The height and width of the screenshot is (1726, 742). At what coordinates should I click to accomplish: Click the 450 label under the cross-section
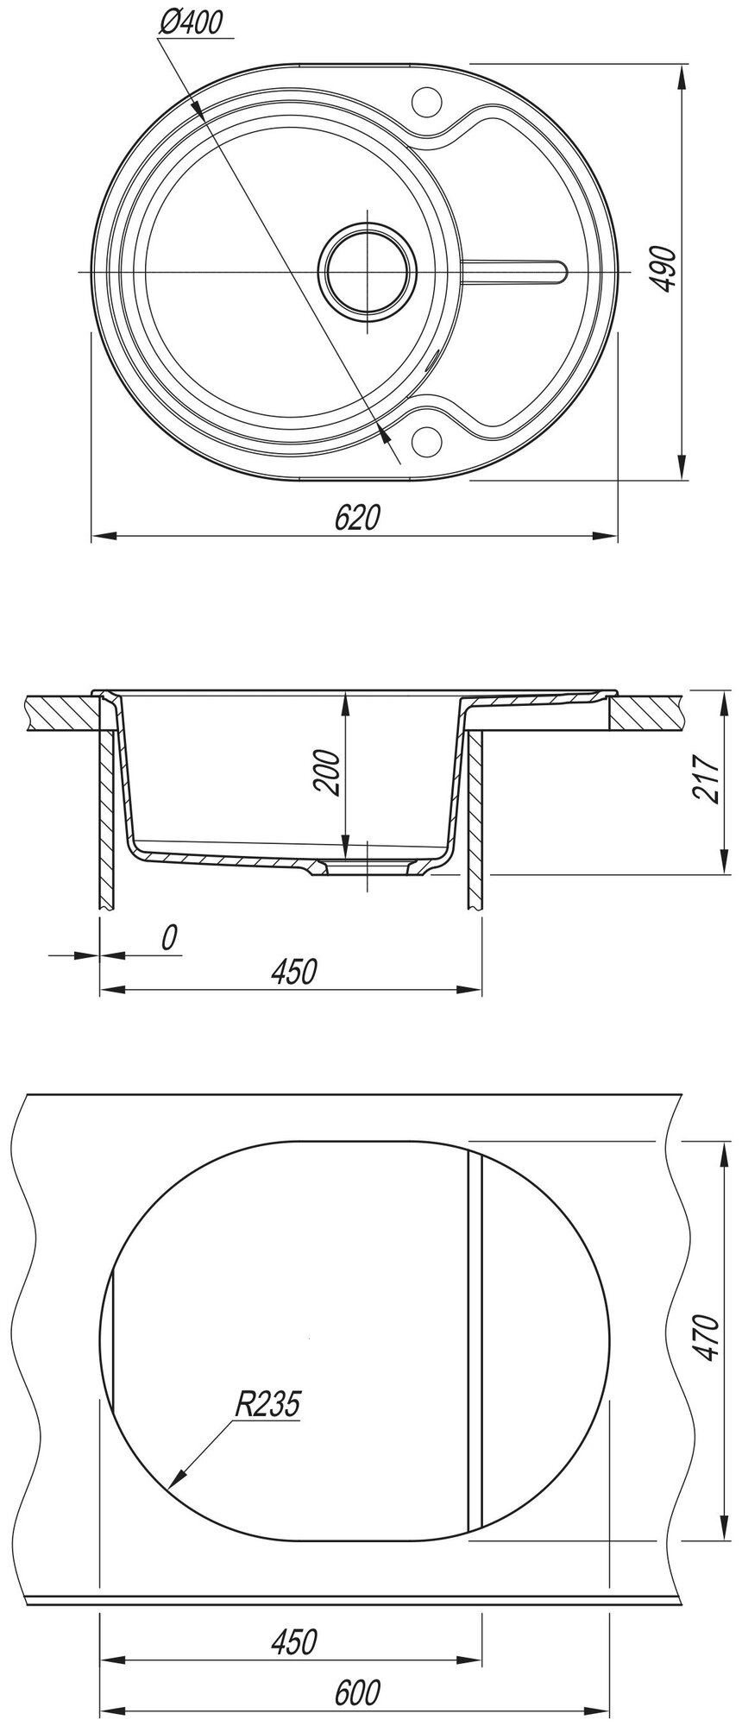click(294, 971)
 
